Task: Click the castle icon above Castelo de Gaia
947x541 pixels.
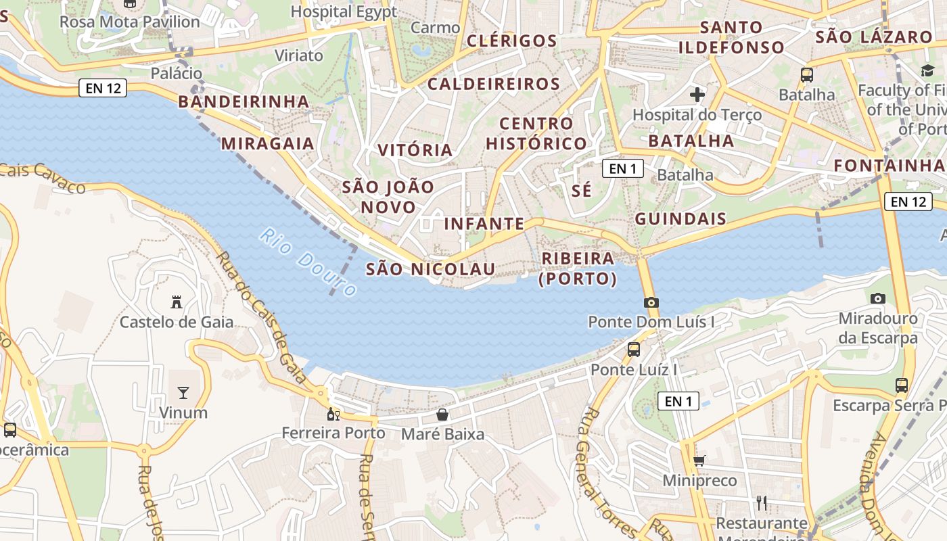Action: point(177,302)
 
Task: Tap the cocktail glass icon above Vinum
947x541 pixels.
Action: point(183,392)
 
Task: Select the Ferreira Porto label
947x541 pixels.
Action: point(333,433)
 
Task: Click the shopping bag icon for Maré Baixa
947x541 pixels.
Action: point(442,414)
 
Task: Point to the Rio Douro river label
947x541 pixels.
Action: point(308,263)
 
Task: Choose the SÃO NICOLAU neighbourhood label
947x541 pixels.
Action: point(431,269)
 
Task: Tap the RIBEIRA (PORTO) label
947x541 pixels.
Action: point(578,268)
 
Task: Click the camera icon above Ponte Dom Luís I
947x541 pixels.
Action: point(651,302)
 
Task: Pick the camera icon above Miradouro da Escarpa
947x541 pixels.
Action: point(878,298)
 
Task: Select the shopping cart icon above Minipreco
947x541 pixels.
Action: point(699,461)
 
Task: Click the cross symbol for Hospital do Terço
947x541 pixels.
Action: point(697,95)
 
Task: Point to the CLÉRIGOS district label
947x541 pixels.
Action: point(512,41)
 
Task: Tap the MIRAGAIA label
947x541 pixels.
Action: point(268,143)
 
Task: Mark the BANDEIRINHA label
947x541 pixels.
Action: point(244,101)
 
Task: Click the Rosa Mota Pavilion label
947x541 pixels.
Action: point(130,22)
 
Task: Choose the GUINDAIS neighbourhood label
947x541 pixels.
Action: point(680,219)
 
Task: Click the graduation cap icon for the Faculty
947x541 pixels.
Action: point(927,71)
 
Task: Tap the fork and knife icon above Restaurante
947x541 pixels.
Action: point(762,502)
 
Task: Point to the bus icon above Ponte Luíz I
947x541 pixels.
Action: point(634,350)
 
